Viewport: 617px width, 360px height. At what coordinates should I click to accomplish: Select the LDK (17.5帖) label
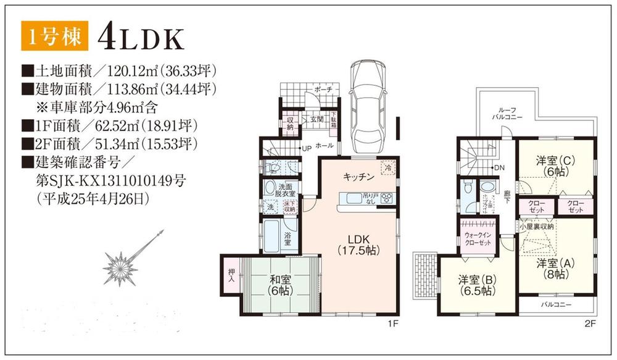(x=358, y=245)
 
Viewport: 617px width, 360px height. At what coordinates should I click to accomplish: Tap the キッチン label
(x=359, y=177)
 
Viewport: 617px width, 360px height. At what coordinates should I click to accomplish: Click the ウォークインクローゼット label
(x=478, y=240)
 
